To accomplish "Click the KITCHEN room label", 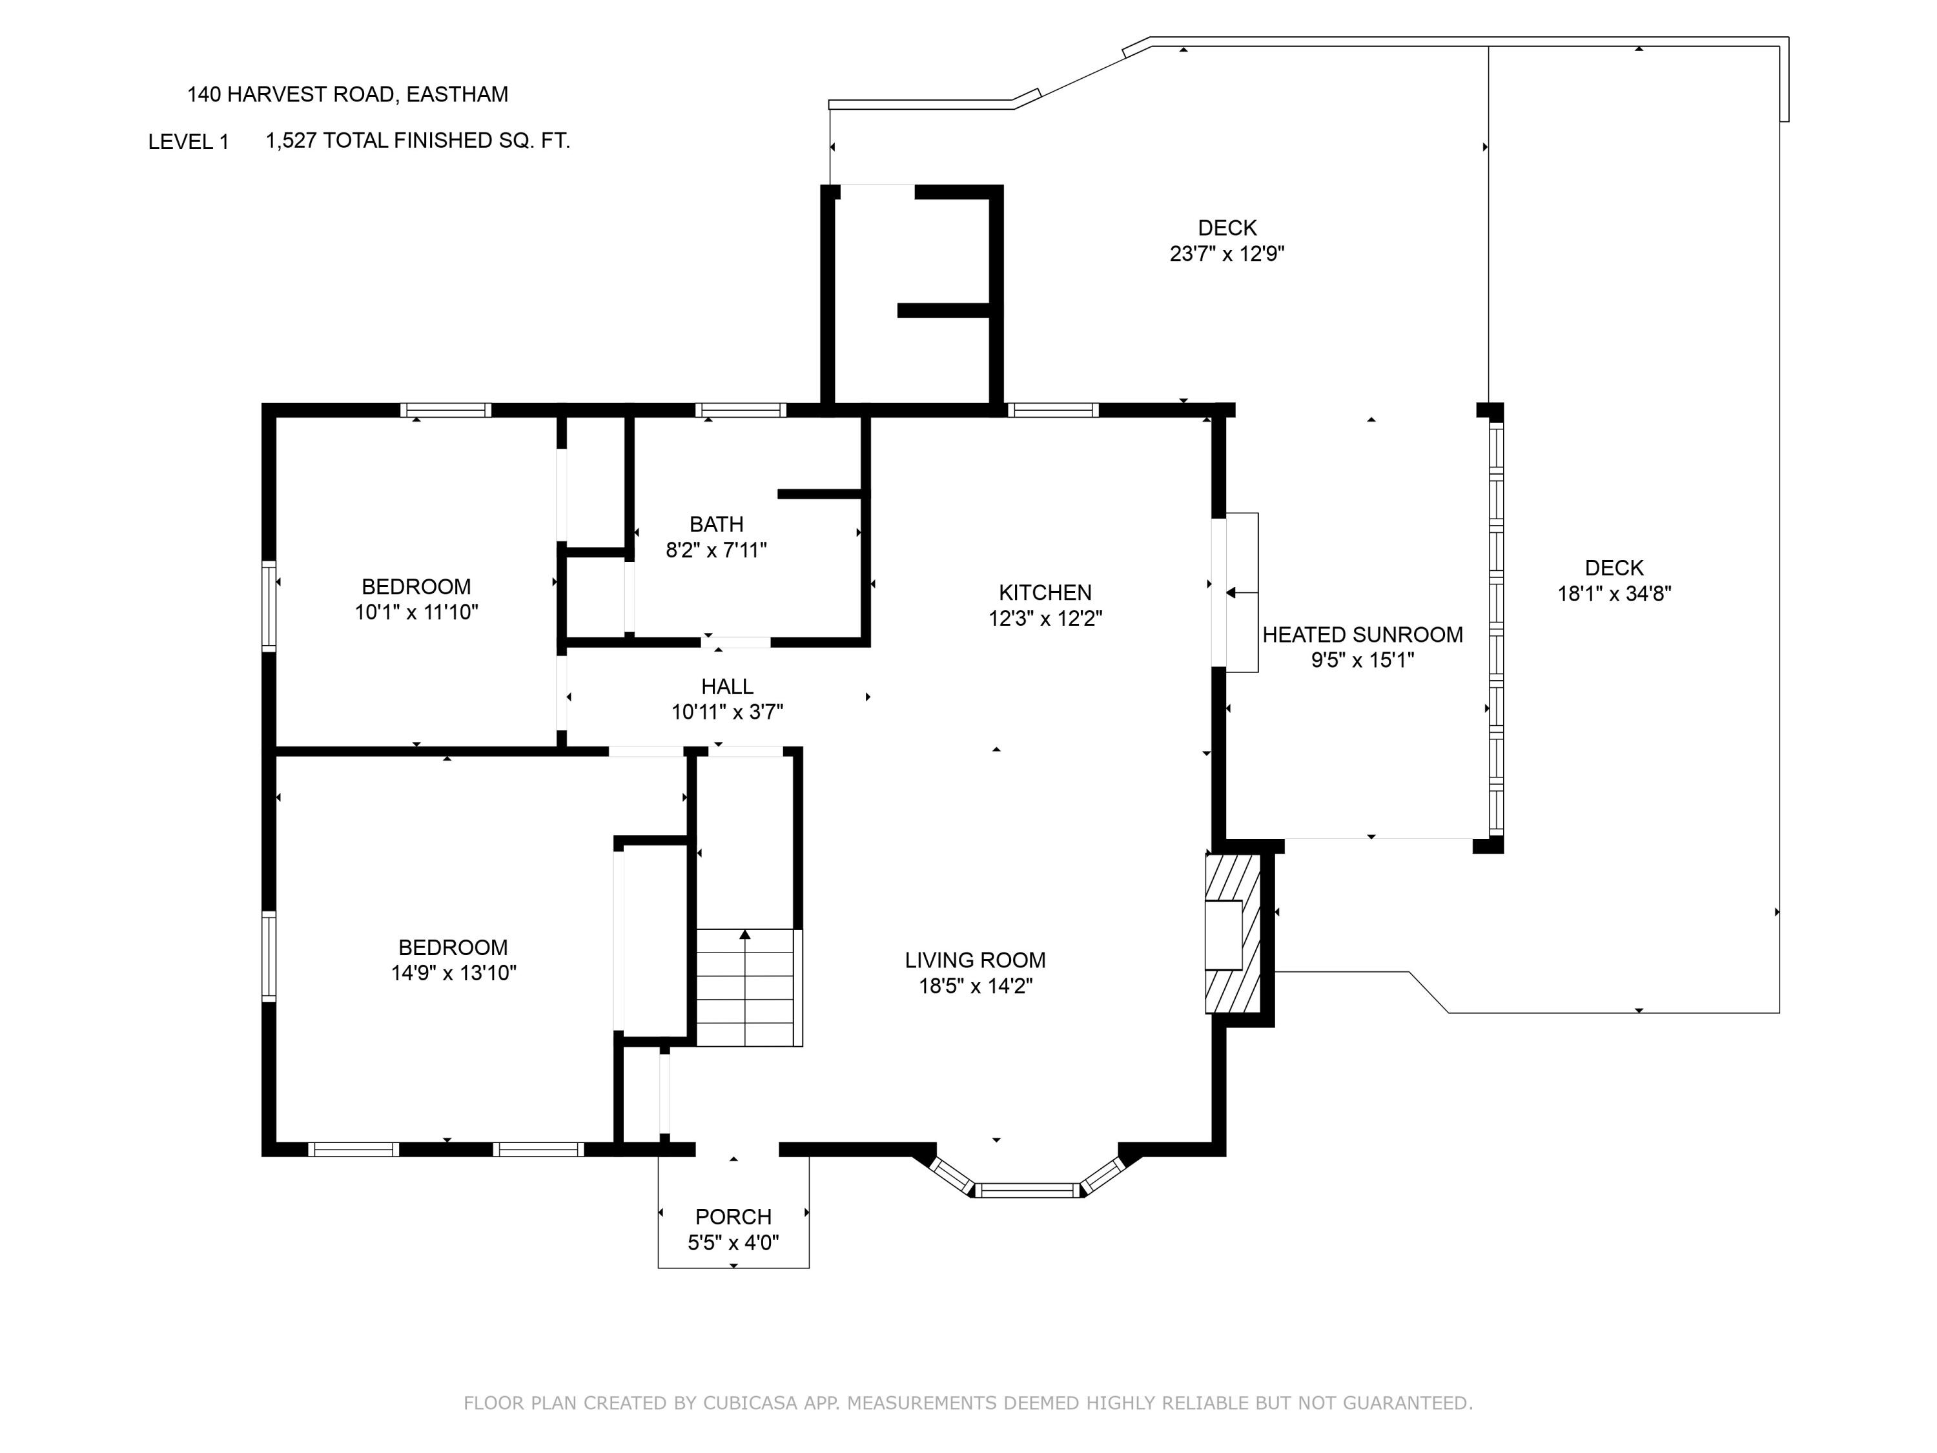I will (1045, 592).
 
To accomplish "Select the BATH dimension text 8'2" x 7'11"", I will (715, 550).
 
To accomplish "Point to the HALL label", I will (727, 686).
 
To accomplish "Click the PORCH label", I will (733, 1217).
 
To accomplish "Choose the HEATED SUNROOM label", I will (1362, 635).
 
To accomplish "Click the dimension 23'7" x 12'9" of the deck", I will (1227, 254).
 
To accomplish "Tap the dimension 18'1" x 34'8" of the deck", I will (1614, 594).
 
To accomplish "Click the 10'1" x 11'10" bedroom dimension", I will (416, 612).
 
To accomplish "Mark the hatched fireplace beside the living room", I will (1233, 934).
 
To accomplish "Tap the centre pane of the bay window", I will (1028, 1190).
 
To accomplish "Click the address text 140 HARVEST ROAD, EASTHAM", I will (347, 94).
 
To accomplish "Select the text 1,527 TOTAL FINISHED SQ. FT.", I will (418, 141).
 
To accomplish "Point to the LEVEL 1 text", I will (189, 142).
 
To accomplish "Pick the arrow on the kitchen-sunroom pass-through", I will (1231, 593).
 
